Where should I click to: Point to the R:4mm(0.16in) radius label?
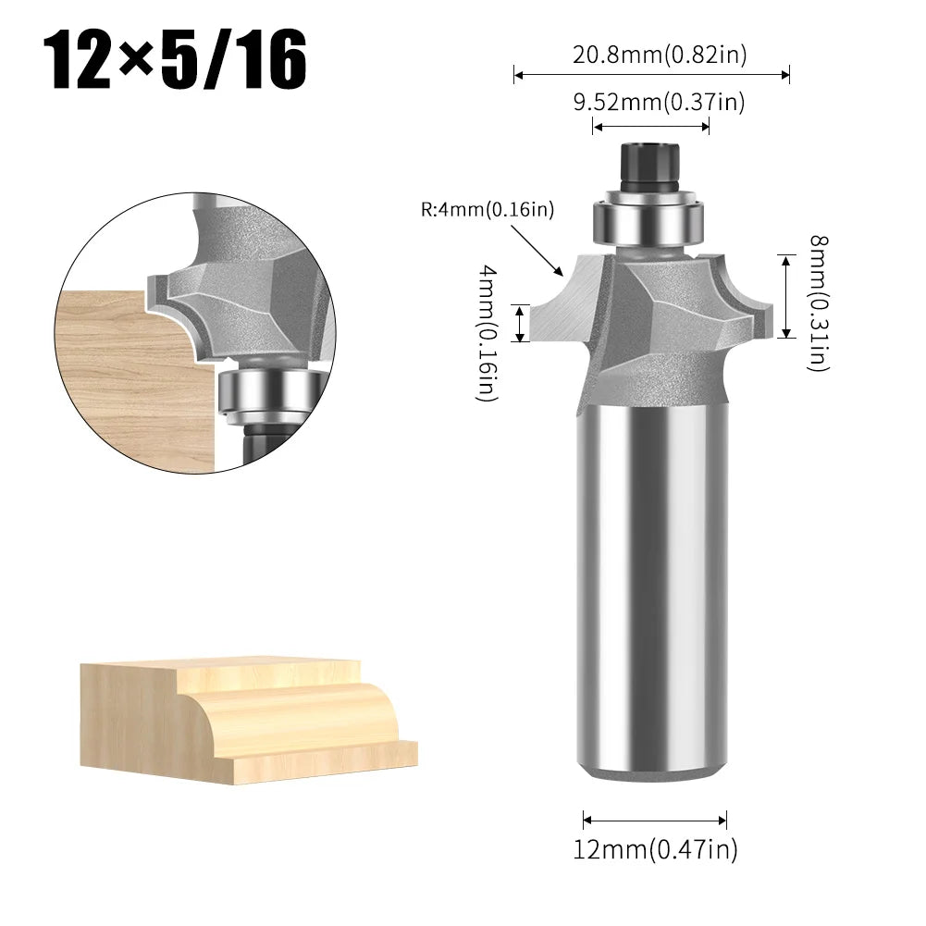(x=488, y=210)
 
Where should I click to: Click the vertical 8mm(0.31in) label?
(x=817, y=302)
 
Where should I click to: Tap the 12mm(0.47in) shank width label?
(x=655, y=848)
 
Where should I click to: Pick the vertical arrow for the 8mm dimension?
(x=784, y=297)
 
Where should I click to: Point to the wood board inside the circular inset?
(x=130, y=370)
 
